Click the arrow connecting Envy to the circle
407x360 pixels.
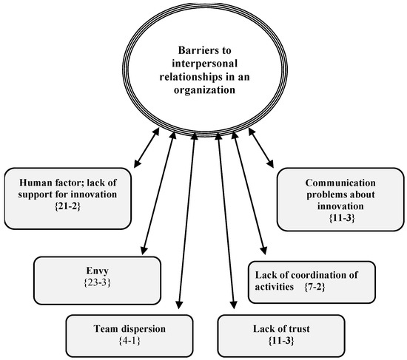[x=157, y=196]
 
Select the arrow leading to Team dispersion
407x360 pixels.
[x=186, y=222]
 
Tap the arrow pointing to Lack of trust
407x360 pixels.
[x=226, y=222]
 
